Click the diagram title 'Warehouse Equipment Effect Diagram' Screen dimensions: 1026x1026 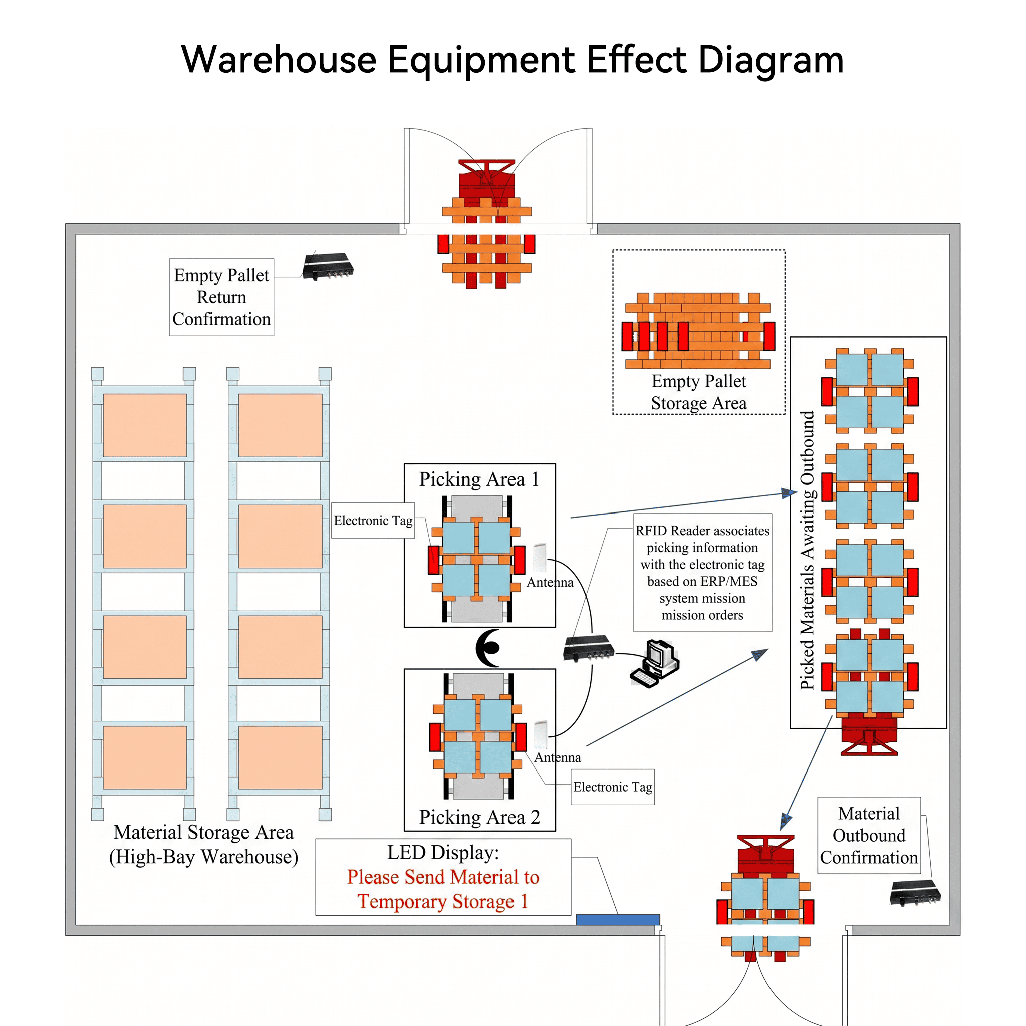[512, 60]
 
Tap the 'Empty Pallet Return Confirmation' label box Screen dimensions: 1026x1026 [221, 297]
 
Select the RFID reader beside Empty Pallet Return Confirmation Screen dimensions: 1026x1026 [328, 266]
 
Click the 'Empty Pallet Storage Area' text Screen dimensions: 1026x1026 [699, 392]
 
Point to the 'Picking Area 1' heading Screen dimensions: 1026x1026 [479, 479]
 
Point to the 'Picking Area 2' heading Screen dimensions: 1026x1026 [479, 817]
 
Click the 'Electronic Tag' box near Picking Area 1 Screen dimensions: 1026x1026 [373, 521]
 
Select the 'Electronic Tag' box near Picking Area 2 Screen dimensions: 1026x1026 [612, 787]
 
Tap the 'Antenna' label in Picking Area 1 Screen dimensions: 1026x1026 [550, 582]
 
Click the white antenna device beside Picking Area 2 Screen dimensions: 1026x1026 [541, 735]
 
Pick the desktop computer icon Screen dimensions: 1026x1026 [655, 664]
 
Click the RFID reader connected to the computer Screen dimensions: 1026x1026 [589, 648]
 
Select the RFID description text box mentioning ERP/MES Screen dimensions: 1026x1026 [702, 573]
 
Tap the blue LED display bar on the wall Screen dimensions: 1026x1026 [618, 919]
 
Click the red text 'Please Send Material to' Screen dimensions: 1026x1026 [443, 877]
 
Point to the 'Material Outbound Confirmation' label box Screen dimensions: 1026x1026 [869, 835]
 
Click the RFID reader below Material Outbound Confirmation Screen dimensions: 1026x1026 [915, 893]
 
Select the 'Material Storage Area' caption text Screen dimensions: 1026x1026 [203, 832]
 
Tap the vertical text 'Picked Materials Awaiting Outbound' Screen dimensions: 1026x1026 [807, 551]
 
